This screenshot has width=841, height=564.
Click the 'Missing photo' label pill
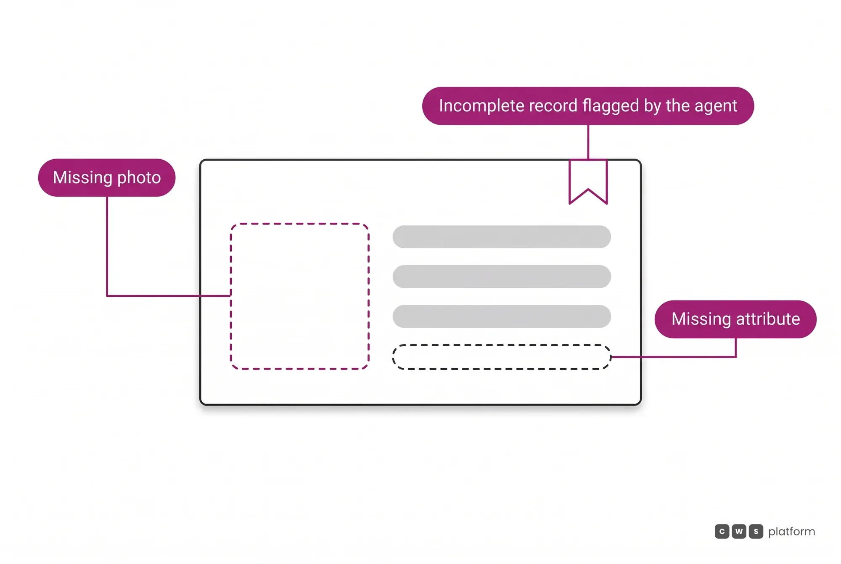click(107, 177)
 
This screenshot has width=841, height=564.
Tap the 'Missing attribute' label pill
click(735, 319)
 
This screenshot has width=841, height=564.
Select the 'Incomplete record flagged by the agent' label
click(588, 106)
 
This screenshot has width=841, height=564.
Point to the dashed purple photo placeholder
click(230, 296)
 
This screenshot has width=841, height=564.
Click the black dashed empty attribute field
click(502, 345)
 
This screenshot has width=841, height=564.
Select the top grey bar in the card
click(502, 237)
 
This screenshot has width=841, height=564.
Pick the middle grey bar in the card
click(502, 277)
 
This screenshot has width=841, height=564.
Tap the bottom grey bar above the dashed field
click(502, 316)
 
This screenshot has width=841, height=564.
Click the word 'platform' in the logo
click(791, 532)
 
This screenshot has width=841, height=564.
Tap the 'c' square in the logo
click(722, 531)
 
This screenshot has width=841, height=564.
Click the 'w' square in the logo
click(739, 531)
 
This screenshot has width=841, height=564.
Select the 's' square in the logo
click(756, 531)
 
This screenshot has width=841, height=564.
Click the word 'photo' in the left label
click(139, 178)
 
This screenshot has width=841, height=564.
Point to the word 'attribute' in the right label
click(768, 319)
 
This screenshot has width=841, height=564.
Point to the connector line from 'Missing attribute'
click(694, 357)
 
